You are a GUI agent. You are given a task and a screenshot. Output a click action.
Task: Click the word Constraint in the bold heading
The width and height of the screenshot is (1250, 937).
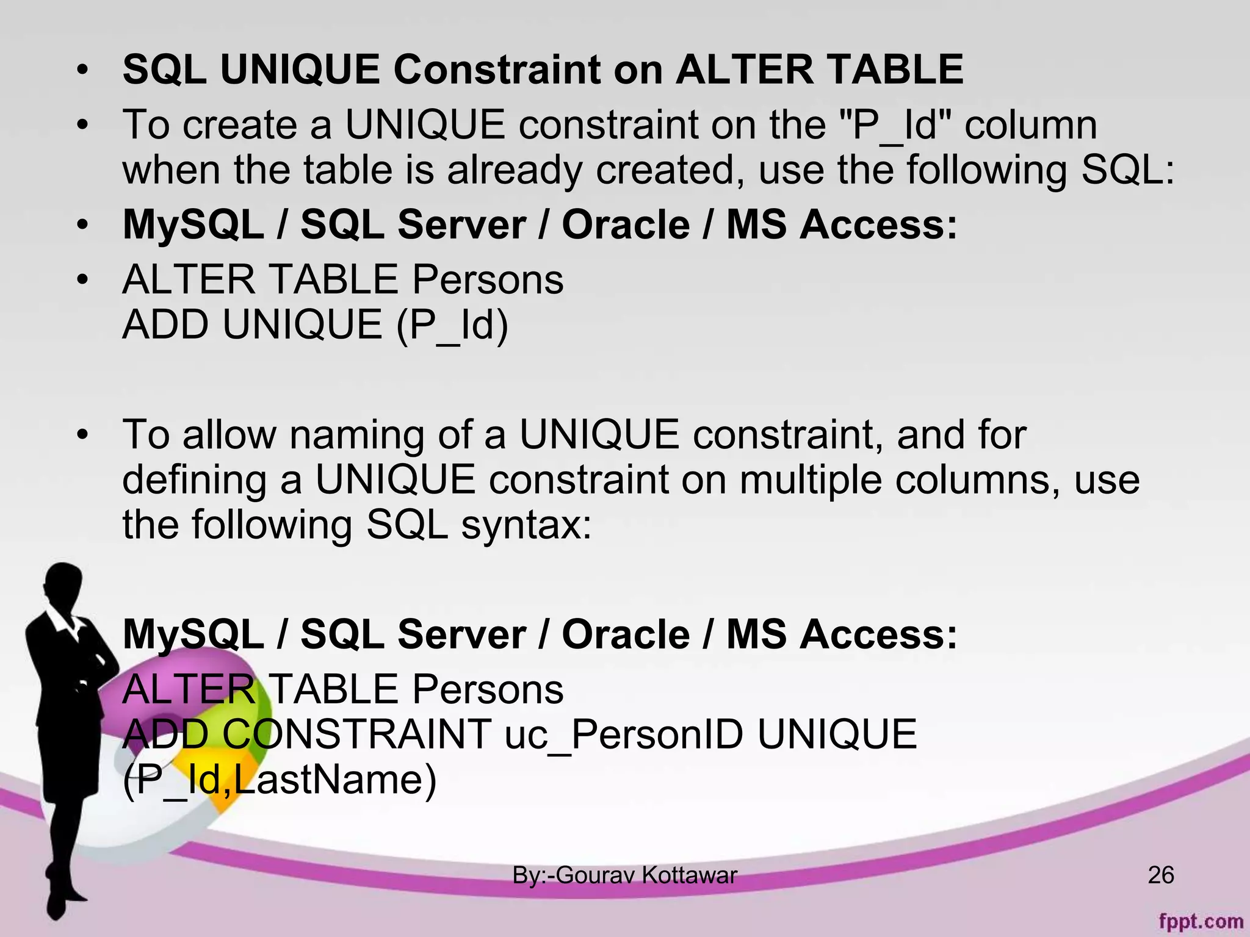pyautogui.click(x=497, y=70)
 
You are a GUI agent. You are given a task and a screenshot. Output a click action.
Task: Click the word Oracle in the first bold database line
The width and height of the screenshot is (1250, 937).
pyautogui.click(x=626, y=224)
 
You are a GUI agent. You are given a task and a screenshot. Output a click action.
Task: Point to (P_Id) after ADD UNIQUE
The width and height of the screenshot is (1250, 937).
pyautogui.click(x=452, y=325)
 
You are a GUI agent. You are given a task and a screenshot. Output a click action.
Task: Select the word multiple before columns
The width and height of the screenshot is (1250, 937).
pyautogui.click(x=811, y=480)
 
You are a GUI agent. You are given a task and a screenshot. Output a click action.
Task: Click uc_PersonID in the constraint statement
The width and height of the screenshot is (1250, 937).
pyautogui.click(x=624, y=734)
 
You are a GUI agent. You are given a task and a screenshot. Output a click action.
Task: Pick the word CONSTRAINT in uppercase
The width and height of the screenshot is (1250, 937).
pyautogui.click(x=356, y=734)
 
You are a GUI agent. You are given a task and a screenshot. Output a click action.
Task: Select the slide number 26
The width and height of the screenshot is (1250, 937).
pyautogui.click(x=1160, y=875)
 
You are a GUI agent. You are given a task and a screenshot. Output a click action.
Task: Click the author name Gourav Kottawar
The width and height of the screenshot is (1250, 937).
pyautogui.click(x=646, y=875)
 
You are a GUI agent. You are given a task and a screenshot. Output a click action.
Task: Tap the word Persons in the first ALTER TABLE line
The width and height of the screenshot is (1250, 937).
pyautogui.click(x=487, y=280)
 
